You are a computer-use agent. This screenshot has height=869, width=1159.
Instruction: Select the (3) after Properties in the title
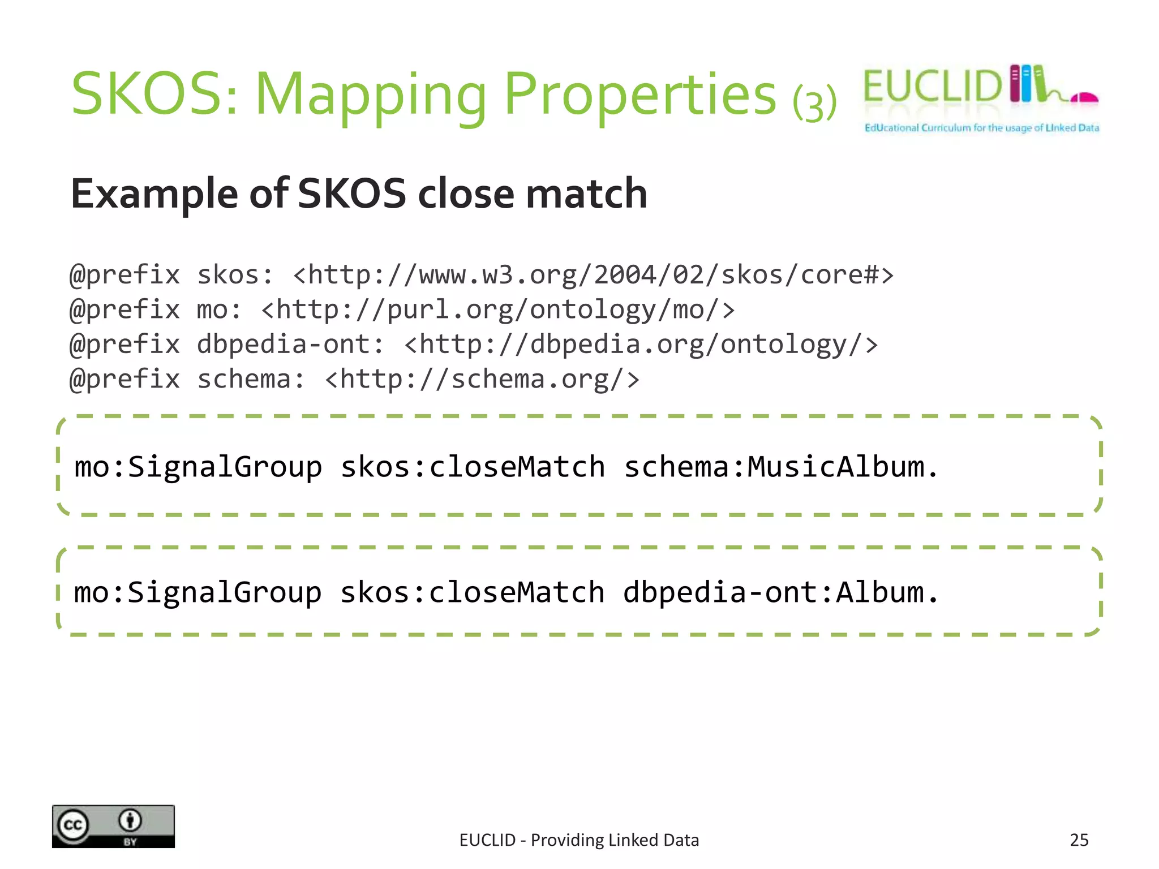814,103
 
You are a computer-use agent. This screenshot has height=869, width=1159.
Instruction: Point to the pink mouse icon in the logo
1085,98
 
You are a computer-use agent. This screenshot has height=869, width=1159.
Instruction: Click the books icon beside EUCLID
1027,84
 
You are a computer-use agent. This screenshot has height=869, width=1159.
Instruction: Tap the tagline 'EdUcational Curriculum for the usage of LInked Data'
981,128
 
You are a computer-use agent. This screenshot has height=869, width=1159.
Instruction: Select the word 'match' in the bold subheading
586,194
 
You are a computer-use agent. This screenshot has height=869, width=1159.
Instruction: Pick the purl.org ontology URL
497,311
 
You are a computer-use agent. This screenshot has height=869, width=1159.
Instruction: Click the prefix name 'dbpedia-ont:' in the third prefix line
290,345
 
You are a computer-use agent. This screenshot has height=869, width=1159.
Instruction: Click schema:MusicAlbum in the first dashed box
780,468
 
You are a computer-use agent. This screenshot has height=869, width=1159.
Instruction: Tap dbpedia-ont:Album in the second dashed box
780,593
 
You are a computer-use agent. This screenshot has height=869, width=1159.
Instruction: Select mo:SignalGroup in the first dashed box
198,468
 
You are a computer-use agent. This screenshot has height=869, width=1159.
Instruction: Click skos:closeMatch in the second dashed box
472,593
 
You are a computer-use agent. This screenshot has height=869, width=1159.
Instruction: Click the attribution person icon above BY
130,820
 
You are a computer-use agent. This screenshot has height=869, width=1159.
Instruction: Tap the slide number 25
1079,840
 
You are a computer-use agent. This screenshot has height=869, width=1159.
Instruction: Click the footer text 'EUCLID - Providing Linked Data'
579,840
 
